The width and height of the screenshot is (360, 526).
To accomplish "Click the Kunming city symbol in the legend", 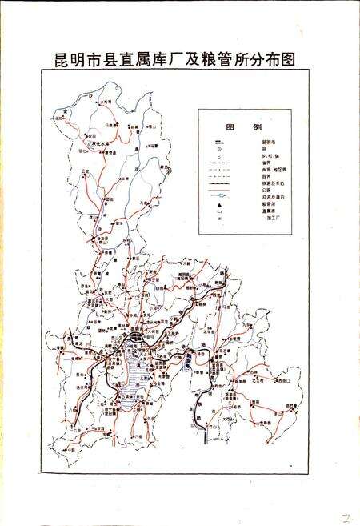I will click(218, 142).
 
